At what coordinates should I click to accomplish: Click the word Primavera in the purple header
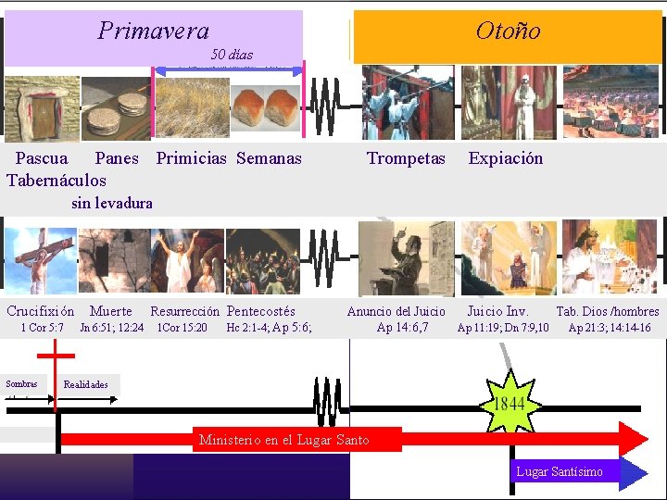coord(154,31)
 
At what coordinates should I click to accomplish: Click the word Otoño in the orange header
coord(508,31)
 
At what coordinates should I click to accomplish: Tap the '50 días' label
coord(232,55)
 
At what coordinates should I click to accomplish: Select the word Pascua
coord(42,158)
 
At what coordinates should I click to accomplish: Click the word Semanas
coord(269,158)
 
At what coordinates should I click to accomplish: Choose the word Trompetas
coord(406,158)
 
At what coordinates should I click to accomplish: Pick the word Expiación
coord(506,158)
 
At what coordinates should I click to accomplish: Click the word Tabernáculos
coord(57,181)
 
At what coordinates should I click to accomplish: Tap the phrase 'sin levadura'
coord(112,203)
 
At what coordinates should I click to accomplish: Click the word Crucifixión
coord(41,311)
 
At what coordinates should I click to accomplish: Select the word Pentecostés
coord(261,311)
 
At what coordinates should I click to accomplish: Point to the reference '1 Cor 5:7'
coord(43,327)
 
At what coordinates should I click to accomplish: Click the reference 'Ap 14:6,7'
coord(403,327)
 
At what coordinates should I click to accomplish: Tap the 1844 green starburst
coord(508,403)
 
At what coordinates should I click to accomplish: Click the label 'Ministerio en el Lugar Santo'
coord(283,440)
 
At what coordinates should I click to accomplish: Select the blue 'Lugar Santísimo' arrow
coord(574,472)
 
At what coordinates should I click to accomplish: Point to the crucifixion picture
coord(41,261)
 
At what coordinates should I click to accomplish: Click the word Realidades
coord(85,384)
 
